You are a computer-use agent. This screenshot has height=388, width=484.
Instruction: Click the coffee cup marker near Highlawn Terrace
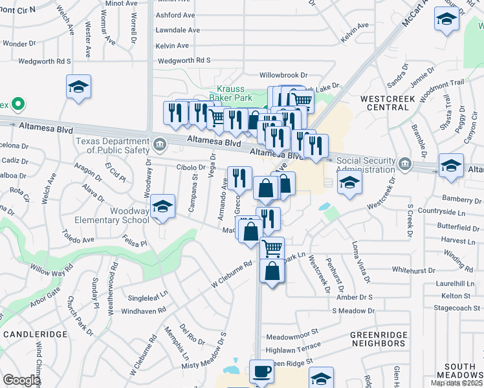pyautogui.click(x=261, y=372)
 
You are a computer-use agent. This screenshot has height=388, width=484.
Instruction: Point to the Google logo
pyautogui.click(x=21, y=380)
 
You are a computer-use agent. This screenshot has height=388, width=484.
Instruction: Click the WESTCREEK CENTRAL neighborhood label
pyautogui.click(x=388, y=102)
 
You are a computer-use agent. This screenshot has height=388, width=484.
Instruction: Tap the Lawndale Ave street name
pyautogui.click(x=176, y=30)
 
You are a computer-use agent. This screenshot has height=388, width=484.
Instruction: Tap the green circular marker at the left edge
pyautogui.click(x=18, y=103)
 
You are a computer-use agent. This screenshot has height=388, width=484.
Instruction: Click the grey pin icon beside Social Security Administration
pyautogui.click(x=405, y=162)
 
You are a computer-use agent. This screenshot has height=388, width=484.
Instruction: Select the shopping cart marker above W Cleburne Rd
pyautogui.click(x=272, y=248)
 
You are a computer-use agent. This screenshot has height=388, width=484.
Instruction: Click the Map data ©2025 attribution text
pyautogui.click(x=456, y=383)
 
